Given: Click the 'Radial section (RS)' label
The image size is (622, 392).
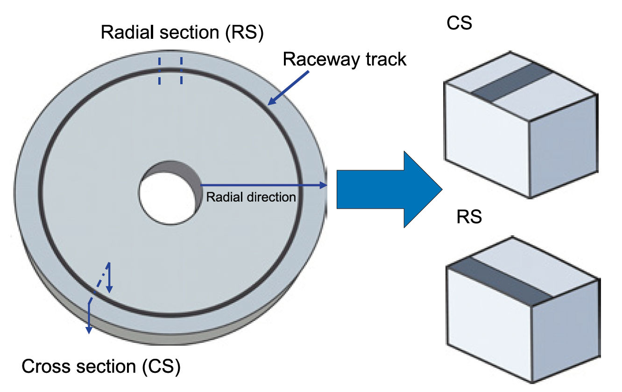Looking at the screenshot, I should click(x=182, y=33).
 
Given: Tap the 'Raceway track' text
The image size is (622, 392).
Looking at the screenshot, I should click(x=345, y=59).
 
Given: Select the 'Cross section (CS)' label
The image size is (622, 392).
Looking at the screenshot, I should click(x=101, y=366).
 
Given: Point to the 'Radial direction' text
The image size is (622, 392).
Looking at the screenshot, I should click(x=251, y=197).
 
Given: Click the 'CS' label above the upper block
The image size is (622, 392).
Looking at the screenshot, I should click(x=459, y=23).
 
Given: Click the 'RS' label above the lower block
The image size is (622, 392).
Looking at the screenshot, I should click(x=469, y=218).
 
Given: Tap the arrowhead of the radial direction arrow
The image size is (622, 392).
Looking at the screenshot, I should click(x=323, y=186).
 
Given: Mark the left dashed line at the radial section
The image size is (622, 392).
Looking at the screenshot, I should click(x=159, y=71).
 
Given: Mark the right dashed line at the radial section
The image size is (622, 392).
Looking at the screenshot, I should click(x=181, y=71).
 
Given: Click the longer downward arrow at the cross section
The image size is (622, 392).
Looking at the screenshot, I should click(x=88, y=318).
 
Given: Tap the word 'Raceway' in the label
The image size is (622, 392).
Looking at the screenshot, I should click(x=315, y=60).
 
